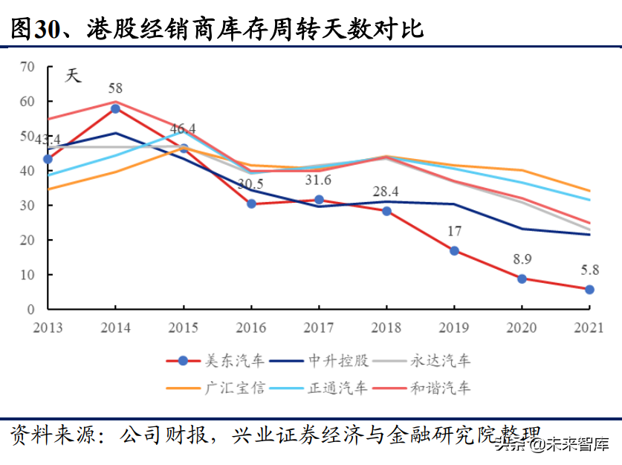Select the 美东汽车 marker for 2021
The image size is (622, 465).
click(x=589, y=289)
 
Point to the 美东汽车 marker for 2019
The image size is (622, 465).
click(x=454, y=250)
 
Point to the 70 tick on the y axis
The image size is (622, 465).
click(x=27, y=67)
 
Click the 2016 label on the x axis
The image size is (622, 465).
click(x=250, y=326)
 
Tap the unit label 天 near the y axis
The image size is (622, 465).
click(x=72, y=76)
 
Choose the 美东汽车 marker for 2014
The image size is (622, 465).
click(x=115, y=108)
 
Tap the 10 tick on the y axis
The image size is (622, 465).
click(x=27, y=275)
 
